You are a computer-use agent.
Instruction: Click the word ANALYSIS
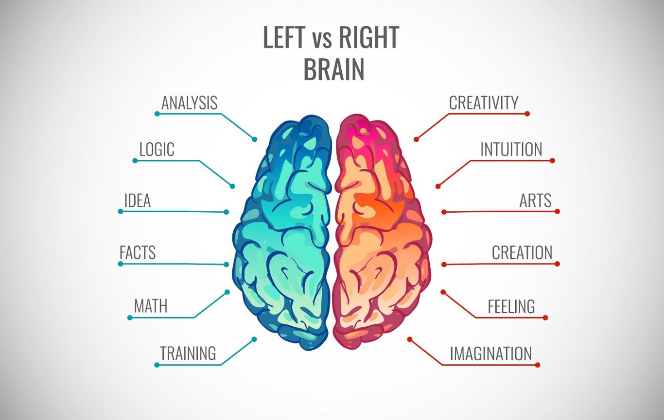click(x=189, y=103)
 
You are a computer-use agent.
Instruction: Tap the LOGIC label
click(x=157, y=149)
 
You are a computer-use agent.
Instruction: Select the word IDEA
click(x=138, y=201)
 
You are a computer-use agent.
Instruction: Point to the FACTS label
click(x=138, y=252)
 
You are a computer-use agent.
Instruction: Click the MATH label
click(x=151, y=306)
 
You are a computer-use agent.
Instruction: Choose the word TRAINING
click(x=188, y=353)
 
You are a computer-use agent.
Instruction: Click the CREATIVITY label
click(x=484, y=103)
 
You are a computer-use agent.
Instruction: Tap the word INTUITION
click(x=511, y=149)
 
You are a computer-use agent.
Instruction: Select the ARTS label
click(x=535, y=201)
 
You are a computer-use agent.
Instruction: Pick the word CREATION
click(x=522, y=252)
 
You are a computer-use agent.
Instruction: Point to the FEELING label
click(x=511, y=306)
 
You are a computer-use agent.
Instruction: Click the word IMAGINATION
click(x=491, y=353)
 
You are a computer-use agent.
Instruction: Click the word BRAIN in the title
click(x=334, y=69)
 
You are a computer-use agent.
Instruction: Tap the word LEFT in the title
click(x=284, y=37)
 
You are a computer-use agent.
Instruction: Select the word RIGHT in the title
click(x=369, y=37)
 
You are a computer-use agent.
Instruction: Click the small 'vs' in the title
click(x=322, y=41)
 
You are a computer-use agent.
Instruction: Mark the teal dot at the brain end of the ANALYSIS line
click(x=254, y=139)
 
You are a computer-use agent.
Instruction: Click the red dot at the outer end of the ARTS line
click(x=557, y=212)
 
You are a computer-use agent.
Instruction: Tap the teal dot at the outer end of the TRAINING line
click(x=157, y=365)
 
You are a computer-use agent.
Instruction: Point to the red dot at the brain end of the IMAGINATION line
click(x=410, y=339)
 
